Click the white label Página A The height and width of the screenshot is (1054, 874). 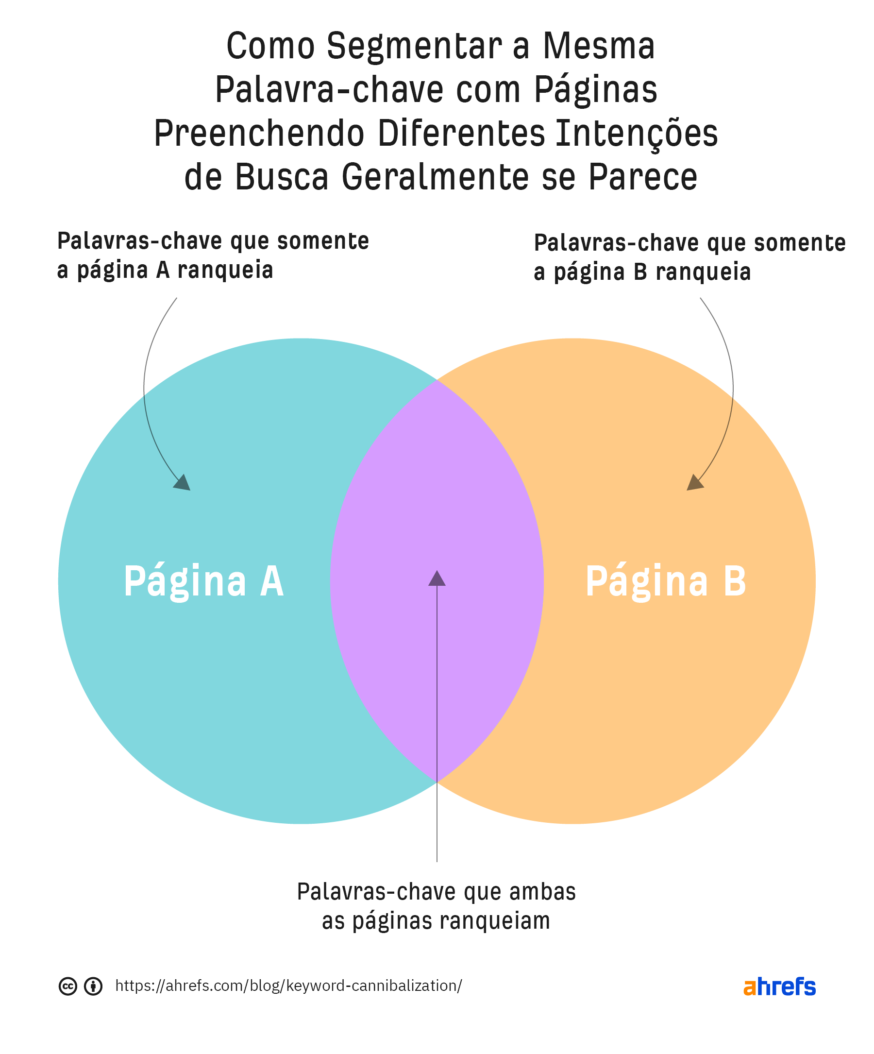203,581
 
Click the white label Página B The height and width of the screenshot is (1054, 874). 665,581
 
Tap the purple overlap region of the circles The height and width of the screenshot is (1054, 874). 437,502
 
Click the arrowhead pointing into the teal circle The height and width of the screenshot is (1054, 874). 183,483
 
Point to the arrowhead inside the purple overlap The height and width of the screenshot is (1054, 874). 437,578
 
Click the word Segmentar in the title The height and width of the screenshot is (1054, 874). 414,46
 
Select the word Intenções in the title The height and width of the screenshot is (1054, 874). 636,135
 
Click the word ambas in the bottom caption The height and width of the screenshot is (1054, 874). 542,892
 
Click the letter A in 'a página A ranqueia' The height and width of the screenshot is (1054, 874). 163,270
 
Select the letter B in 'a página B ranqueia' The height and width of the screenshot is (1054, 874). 640,272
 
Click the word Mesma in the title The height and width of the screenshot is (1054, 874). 599,46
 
